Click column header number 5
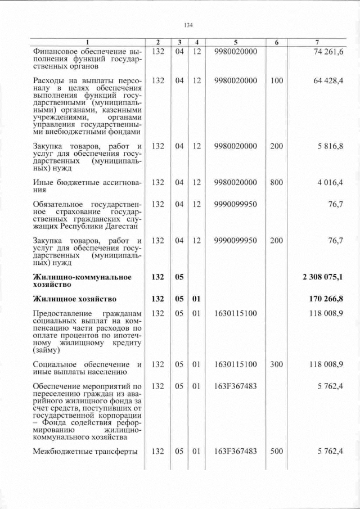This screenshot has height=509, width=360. pyautogui.click(x=236, y=43)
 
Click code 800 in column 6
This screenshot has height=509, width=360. pyautogui.click(x=276, y=182)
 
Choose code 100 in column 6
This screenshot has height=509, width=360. pyautogui.click(x=276, y=80)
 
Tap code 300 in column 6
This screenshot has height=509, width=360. pyautogui.click(x=276, y=364)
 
